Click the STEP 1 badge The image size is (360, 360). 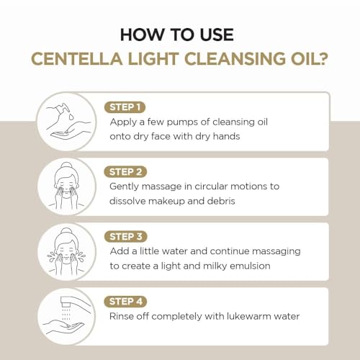(x=126, y=107)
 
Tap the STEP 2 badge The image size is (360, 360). (x=127, y=172)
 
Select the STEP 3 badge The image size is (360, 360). (x=127, y=236)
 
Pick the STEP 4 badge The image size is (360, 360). (x=127, y=301)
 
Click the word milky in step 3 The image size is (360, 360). (x=221, y=265)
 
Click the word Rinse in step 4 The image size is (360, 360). (x=125, y=315)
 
